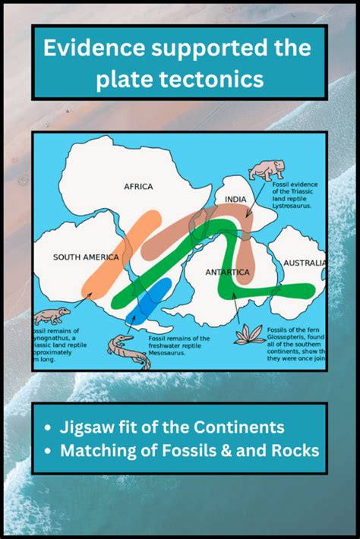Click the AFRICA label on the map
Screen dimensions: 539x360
click(138, 186)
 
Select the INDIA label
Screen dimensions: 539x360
click(235, 200)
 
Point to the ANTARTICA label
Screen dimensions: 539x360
click(227, 272)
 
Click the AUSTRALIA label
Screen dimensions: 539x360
click(305, 263)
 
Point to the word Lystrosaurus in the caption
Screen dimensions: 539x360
click(293, 205)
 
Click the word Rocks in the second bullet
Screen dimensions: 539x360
click(294, 449)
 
